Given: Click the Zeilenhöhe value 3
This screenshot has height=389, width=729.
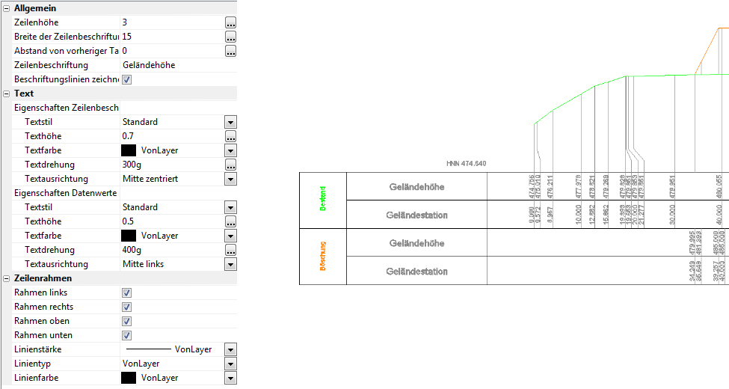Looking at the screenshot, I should [125, 22].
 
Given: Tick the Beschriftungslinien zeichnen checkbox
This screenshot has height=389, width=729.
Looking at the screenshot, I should [127, 79].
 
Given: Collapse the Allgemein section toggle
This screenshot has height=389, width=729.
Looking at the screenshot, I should [6, 8].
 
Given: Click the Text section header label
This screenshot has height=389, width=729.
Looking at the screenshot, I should [24, 94].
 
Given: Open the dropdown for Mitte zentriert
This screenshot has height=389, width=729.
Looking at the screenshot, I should [230, 179].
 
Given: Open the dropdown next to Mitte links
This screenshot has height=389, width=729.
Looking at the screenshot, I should [230, 264].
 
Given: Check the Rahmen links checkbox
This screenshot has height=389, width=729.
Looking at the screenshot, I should [127, 292].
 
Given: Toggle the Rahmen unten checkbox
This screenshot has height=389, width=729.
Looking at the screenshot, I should [127, 335].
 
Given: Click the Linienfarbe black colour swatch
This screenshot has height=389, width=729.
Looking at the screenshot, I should [129, 378].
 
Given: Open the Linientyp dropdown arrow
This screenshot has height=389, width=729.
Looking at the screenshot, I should [230, 364].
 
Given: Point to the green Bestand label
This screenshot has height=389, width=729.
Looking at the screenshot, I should [323, 200].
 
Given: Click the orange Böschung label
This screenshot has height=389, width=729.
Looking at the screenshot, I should [323, 257].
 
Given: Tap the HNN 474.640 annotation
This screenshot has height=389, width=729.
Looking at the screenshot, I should [466, 163].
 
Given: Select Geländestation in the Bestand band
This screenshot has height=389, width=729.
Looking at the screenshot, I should [416, 215].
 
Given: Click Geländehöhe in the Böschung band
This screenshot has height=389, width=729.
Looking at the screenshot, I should [416, 243].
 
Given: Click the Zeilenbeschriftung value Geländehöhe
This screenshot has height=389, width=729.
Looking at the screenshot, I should [149, 65].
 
